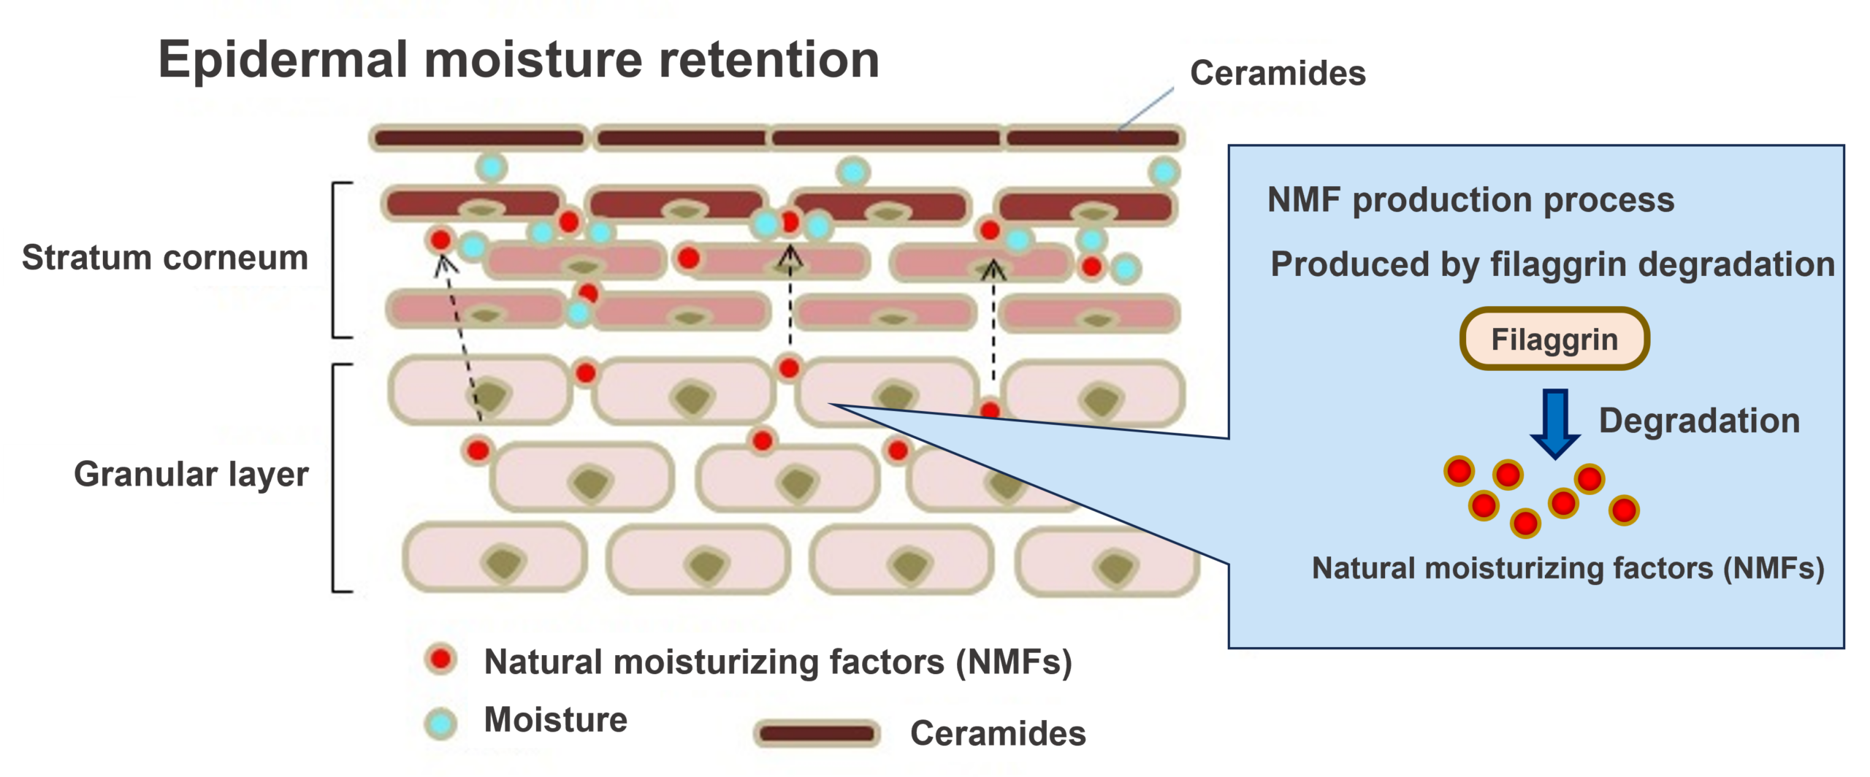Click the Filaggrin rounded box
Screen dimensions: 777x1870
[1554, 339]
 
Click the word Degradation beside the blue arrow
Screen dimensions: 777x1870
[1699, 421]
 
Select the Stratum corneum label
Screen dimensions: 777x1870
[165, 258]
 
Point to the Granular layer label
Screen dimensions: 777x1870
[191, 474]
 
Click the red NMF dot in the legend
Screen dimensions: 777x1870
[441, 659]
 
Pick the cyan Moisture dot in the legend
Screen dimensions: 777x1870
[441, 724]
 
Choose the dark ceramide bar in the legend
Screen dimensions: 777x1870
[817, 733]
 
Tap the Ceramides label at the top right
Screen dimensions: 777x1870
[1278, 74]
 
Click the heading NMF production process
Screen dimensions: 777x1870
[1470, 200]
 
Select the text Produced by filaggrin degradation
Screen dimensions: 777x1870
[1552, 264]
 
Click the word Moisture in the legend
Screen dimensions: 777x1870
[555, 720]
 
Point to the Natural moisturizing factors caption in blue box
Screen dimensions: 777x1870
[1568, 568]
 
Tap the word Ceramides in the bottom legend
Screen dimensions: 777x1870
[998, 733]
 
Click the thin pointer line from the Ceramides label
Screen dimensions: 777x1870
[1145, 110]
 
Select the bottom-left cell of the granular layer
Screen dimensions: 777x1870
[495, 557]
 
